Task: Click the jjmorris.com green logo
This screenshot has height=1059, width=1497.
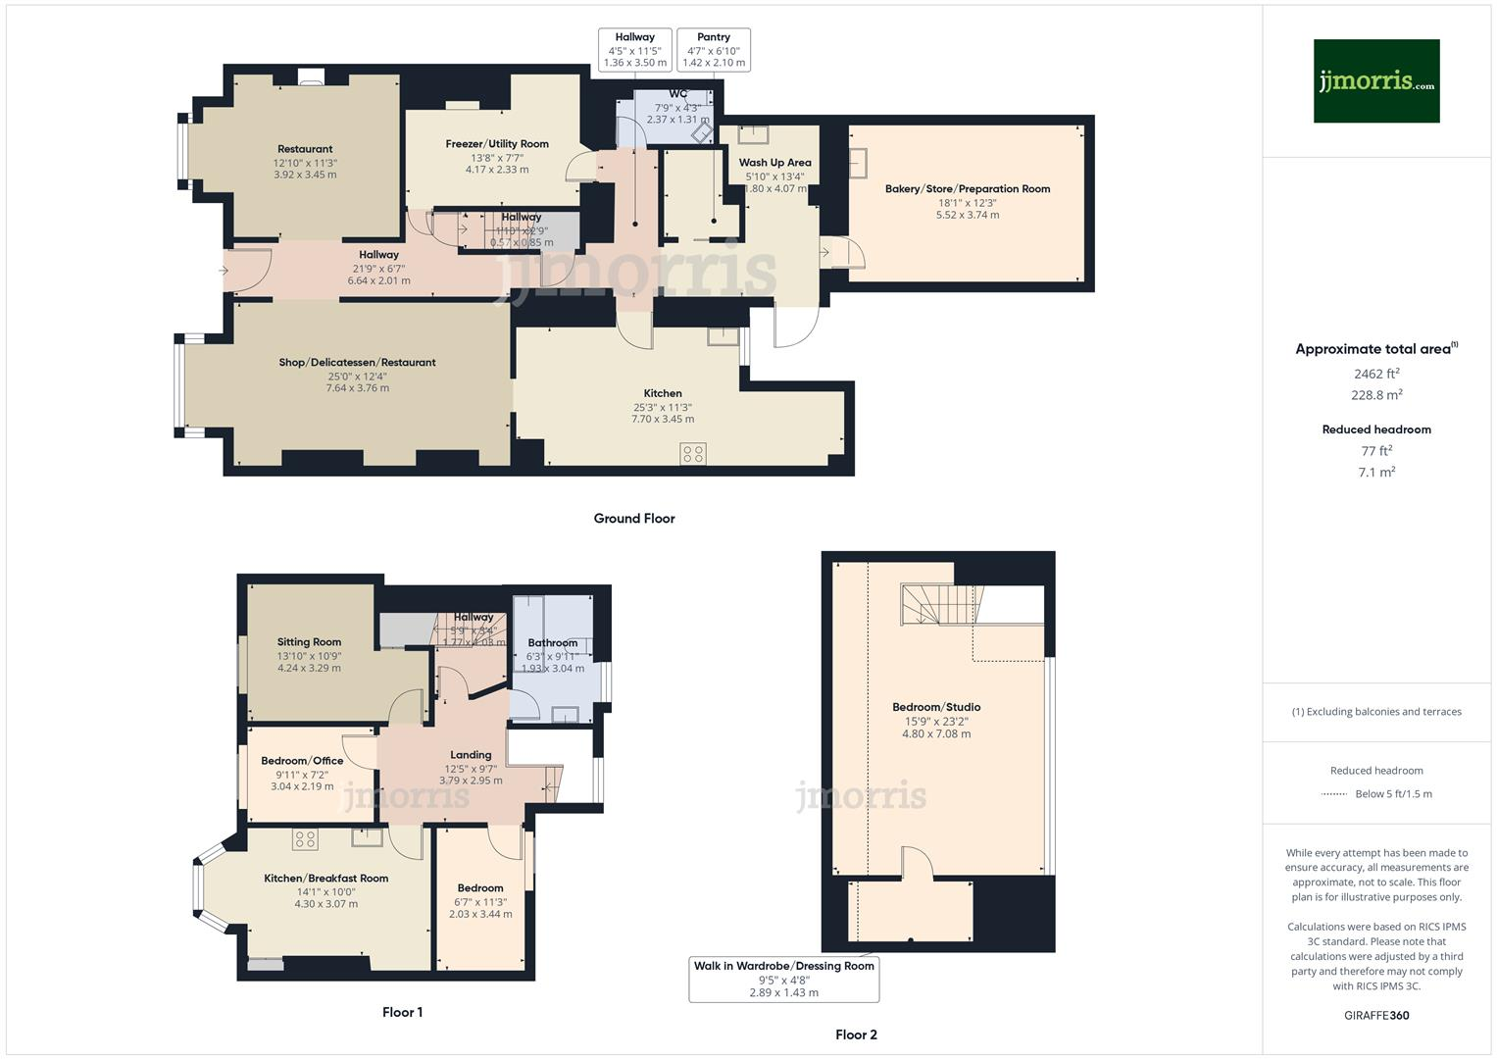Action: [1375, 81]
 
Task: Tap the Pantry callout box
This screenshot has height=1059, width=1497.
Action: [714, 50]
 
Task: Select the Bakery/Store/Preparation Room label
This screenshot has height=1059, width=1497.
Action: [967, 189]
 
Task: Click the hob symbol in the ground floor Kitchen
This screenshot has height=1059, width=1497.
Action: [693, 453]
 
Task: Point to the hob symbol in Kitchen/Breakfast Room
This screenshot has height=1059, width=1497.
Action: [305, 839]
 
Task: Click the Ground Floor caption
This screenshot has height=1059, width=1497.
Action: [633, 519]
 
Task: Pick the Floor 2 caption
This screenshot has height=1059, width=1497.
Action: [856, 1034]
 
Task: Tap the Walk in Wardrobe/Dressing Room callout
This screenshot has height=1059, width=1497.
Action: [783, 979]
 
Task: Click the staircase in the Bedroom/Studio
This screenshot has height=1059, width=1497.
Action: [940, 604]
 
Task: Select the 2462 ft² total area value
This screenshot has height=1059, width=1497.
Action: [1375, 374]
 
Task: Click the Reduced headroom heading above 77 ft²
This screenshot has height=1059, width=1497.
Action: [1375, 429]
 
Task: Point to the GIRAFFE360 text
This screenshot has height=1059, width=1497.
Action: [1375, 1015]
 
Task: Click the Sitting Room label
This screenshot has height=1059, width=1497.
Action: [309, 642]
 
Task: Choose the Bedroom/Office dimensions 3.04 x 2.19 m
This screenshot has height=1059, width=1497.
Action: [302, 786]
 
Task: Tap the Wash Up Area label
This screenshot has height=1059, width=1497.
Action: [774, 163]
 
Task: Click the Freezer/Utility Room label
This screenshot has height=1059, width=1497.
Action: [497, 144]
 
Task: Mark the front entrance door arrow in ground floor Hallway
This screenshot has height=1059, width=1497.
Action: [225, 271]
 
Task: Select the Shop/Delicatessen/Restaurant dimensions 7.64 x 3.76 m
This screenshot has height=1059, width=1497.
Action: [357, 388]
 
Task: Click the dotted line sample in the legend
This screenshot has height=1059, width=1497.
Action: [1334, 794]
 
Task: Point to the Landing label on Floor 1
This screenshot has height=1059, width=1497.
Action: [471, 755]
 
